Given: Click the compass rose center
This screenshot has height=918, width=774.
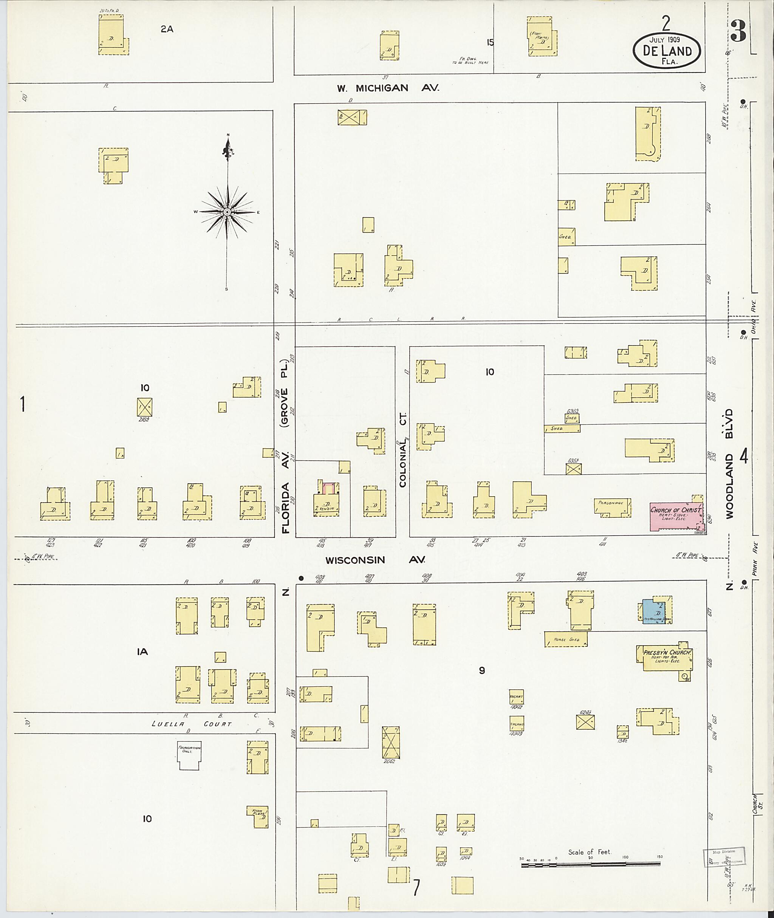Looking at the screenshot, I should tap(227, 212).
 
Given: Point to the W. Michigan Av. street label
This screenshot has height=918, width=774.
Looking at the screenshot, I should tap(388, 88).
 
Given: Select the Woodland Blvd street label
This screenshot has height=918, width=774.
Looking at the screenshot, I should tap(729, 464).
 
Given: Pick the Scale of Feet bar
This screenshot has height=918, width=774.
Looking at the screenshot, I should tap(591, 864).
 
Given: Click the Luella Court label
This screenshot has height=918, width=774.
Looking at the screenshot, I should tap(191, 724).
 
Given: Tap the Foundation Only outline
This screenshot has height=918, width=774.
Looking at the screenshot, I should tap(189, 757).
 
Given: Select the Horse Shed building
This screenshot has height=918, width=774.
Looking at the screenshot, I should tap(566, 639).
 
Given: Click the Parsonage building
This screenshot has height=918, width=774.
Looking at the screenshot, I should tap(613, 507).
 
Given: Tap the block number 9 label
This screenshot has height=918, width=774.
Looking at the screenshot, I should tap(482, 670).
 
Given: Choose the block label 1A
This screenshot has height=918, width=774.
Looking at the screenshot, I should tap(142, 652).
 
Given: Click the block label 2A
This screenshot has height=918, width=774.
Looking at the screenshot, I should tap(167, 29).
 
